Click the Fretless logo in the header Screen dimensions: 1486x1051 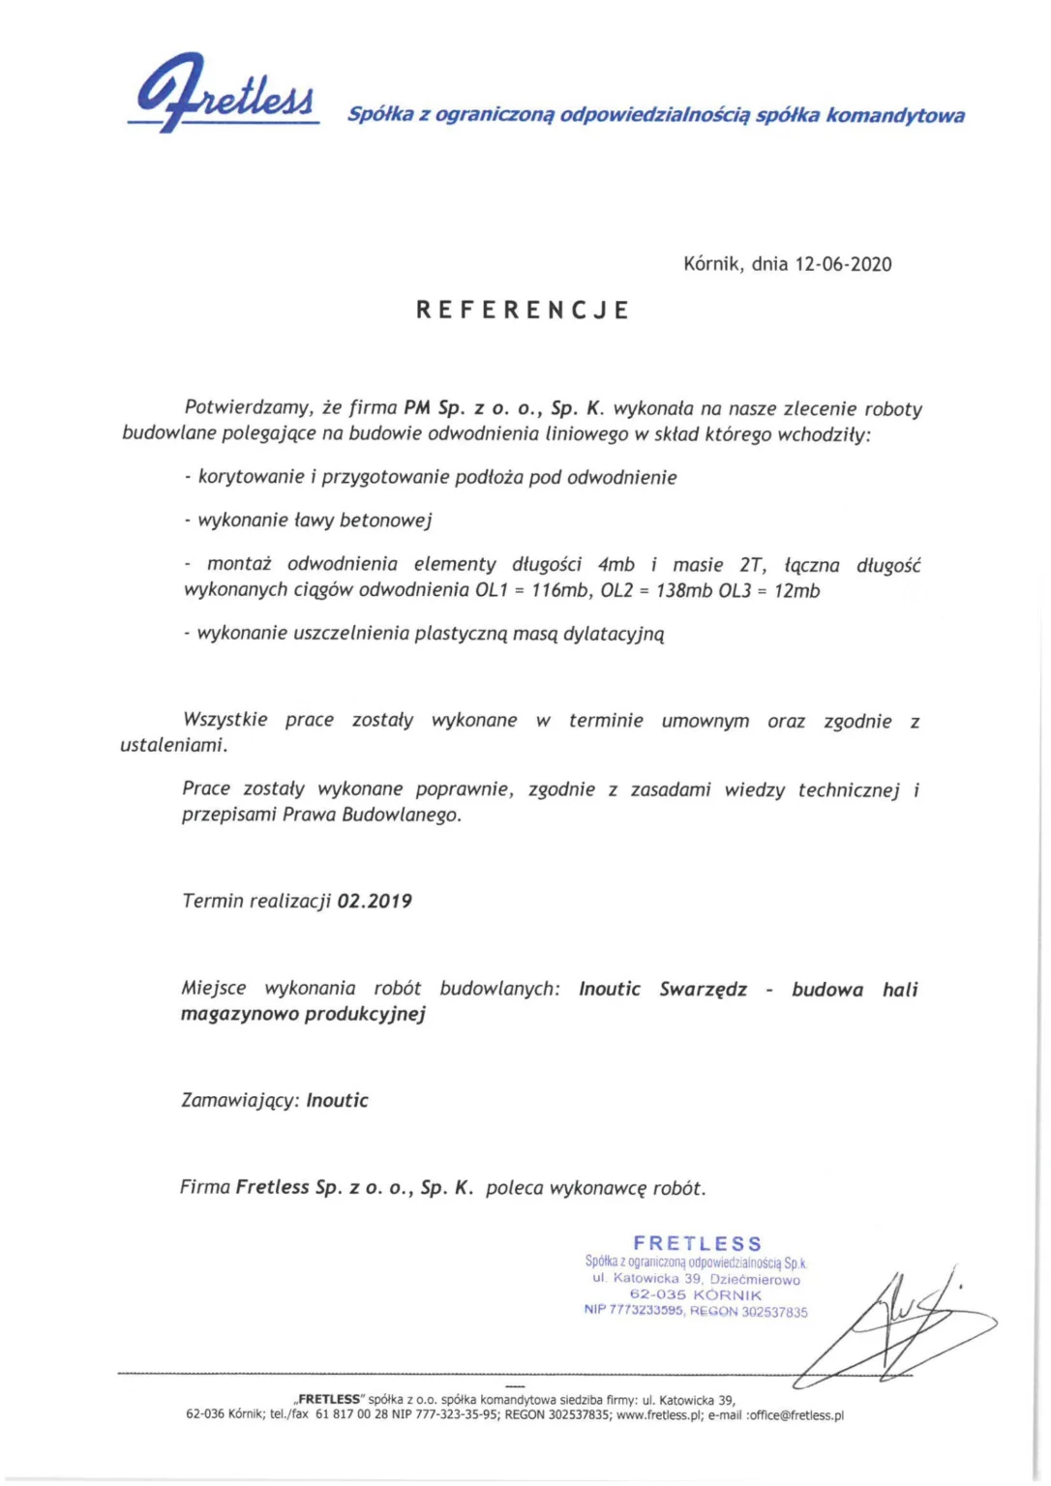tap(225, 94)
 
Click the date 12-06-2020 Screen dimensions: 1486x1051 tap(843, 264)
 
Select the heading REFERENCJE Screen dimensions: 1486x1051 tap(523, 310)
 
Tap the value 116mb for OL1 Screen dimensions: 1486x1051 tap(559, 590)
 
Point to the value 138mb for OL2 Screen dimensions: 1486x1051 tap(684, 590)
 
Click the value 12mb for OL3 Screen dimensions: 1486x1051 tap(796, 590)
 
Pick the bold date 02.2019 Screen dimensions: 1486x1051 tap(375, 901)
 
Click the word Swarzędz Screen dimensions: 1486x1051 tap(703, 989)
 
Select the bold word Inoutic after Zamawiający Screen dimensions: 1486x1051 tap(337, 1100)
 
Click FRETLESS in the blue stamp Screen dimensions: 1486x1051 tap(697, 1243)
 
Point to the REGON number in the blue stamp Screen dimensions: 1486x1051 tap(774, 1312)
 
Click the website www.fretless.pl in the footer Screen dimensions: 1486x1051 tap(659, 1414)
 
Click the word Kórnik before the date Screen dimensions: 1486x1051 tap(712, 264)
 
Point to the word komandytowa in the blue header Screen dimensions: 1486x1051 tap(895, 115)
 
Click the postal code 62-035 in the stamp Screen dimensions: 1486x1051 tap(657, 1294)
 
